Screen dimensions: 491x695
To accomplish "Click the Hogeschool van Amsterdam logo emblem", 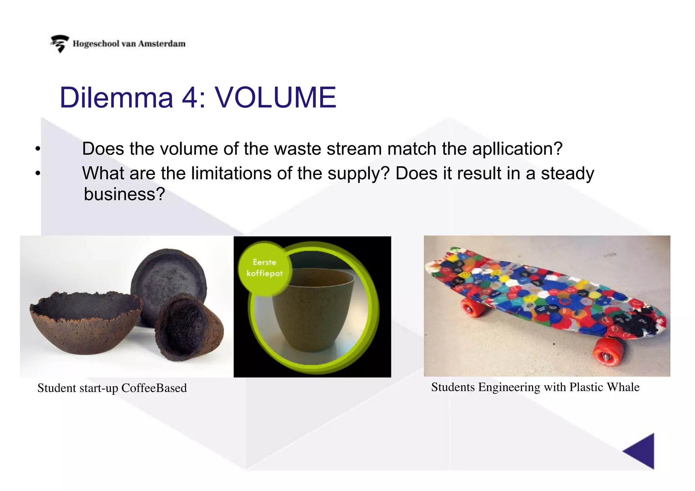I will pyautogui.click(x=60, y=44).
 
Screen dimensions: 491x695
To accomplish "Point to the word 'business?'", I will pyautogui.click(x=124, y=194).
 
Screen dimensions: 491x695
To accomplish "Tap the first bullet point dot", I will pyautogui.click(x=38, y=149).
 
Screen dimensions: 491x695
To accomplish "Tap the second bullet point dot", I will pyautogui.click(x=38, y=173).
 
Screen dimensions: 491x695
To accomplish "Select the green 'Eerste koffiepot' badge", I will pyautogui.click(x=265, y=268).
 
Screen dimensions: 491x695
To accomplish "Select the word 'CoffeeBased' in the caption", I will pyautogui.click(x=154, y=388).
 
